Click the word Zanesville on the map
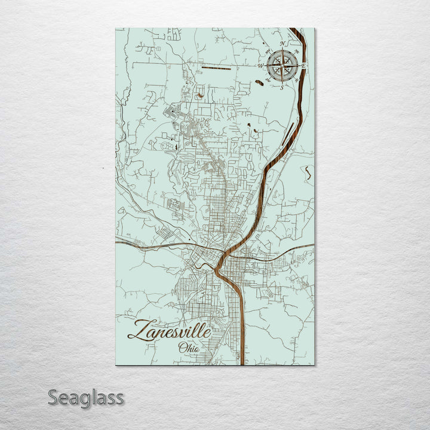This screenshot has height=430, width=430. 169,330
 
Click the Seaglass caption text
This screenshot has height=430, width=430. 86,397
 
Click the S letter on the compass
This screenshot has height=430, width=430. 282,87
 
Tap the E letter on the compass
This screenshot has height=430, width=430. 305,64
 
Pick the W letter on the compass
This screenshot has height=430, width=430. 261,66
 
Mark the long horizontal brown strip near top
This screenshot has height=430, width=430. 216,69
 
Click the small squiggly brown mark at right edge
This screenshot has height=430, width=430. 308,173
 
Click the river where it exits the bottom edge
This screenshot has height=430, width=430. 242,362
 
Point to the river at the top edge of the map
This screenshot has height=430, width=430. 294,30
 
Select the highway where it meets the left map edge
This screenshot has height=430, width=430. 118,242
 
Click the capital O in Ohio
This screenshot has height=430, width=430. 181,348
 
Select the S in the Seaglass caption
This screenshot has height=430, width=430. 53,397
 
